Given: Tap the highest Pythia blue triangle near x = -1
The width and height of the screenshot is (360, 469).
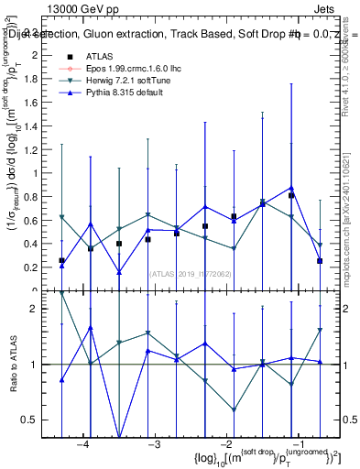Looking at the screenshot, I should pyautogui.click(x=291, y=188).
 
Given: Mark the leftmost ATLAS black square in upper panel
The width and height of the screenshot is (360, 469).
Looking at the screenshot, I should pyautogui.click(x=61, y=261).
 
